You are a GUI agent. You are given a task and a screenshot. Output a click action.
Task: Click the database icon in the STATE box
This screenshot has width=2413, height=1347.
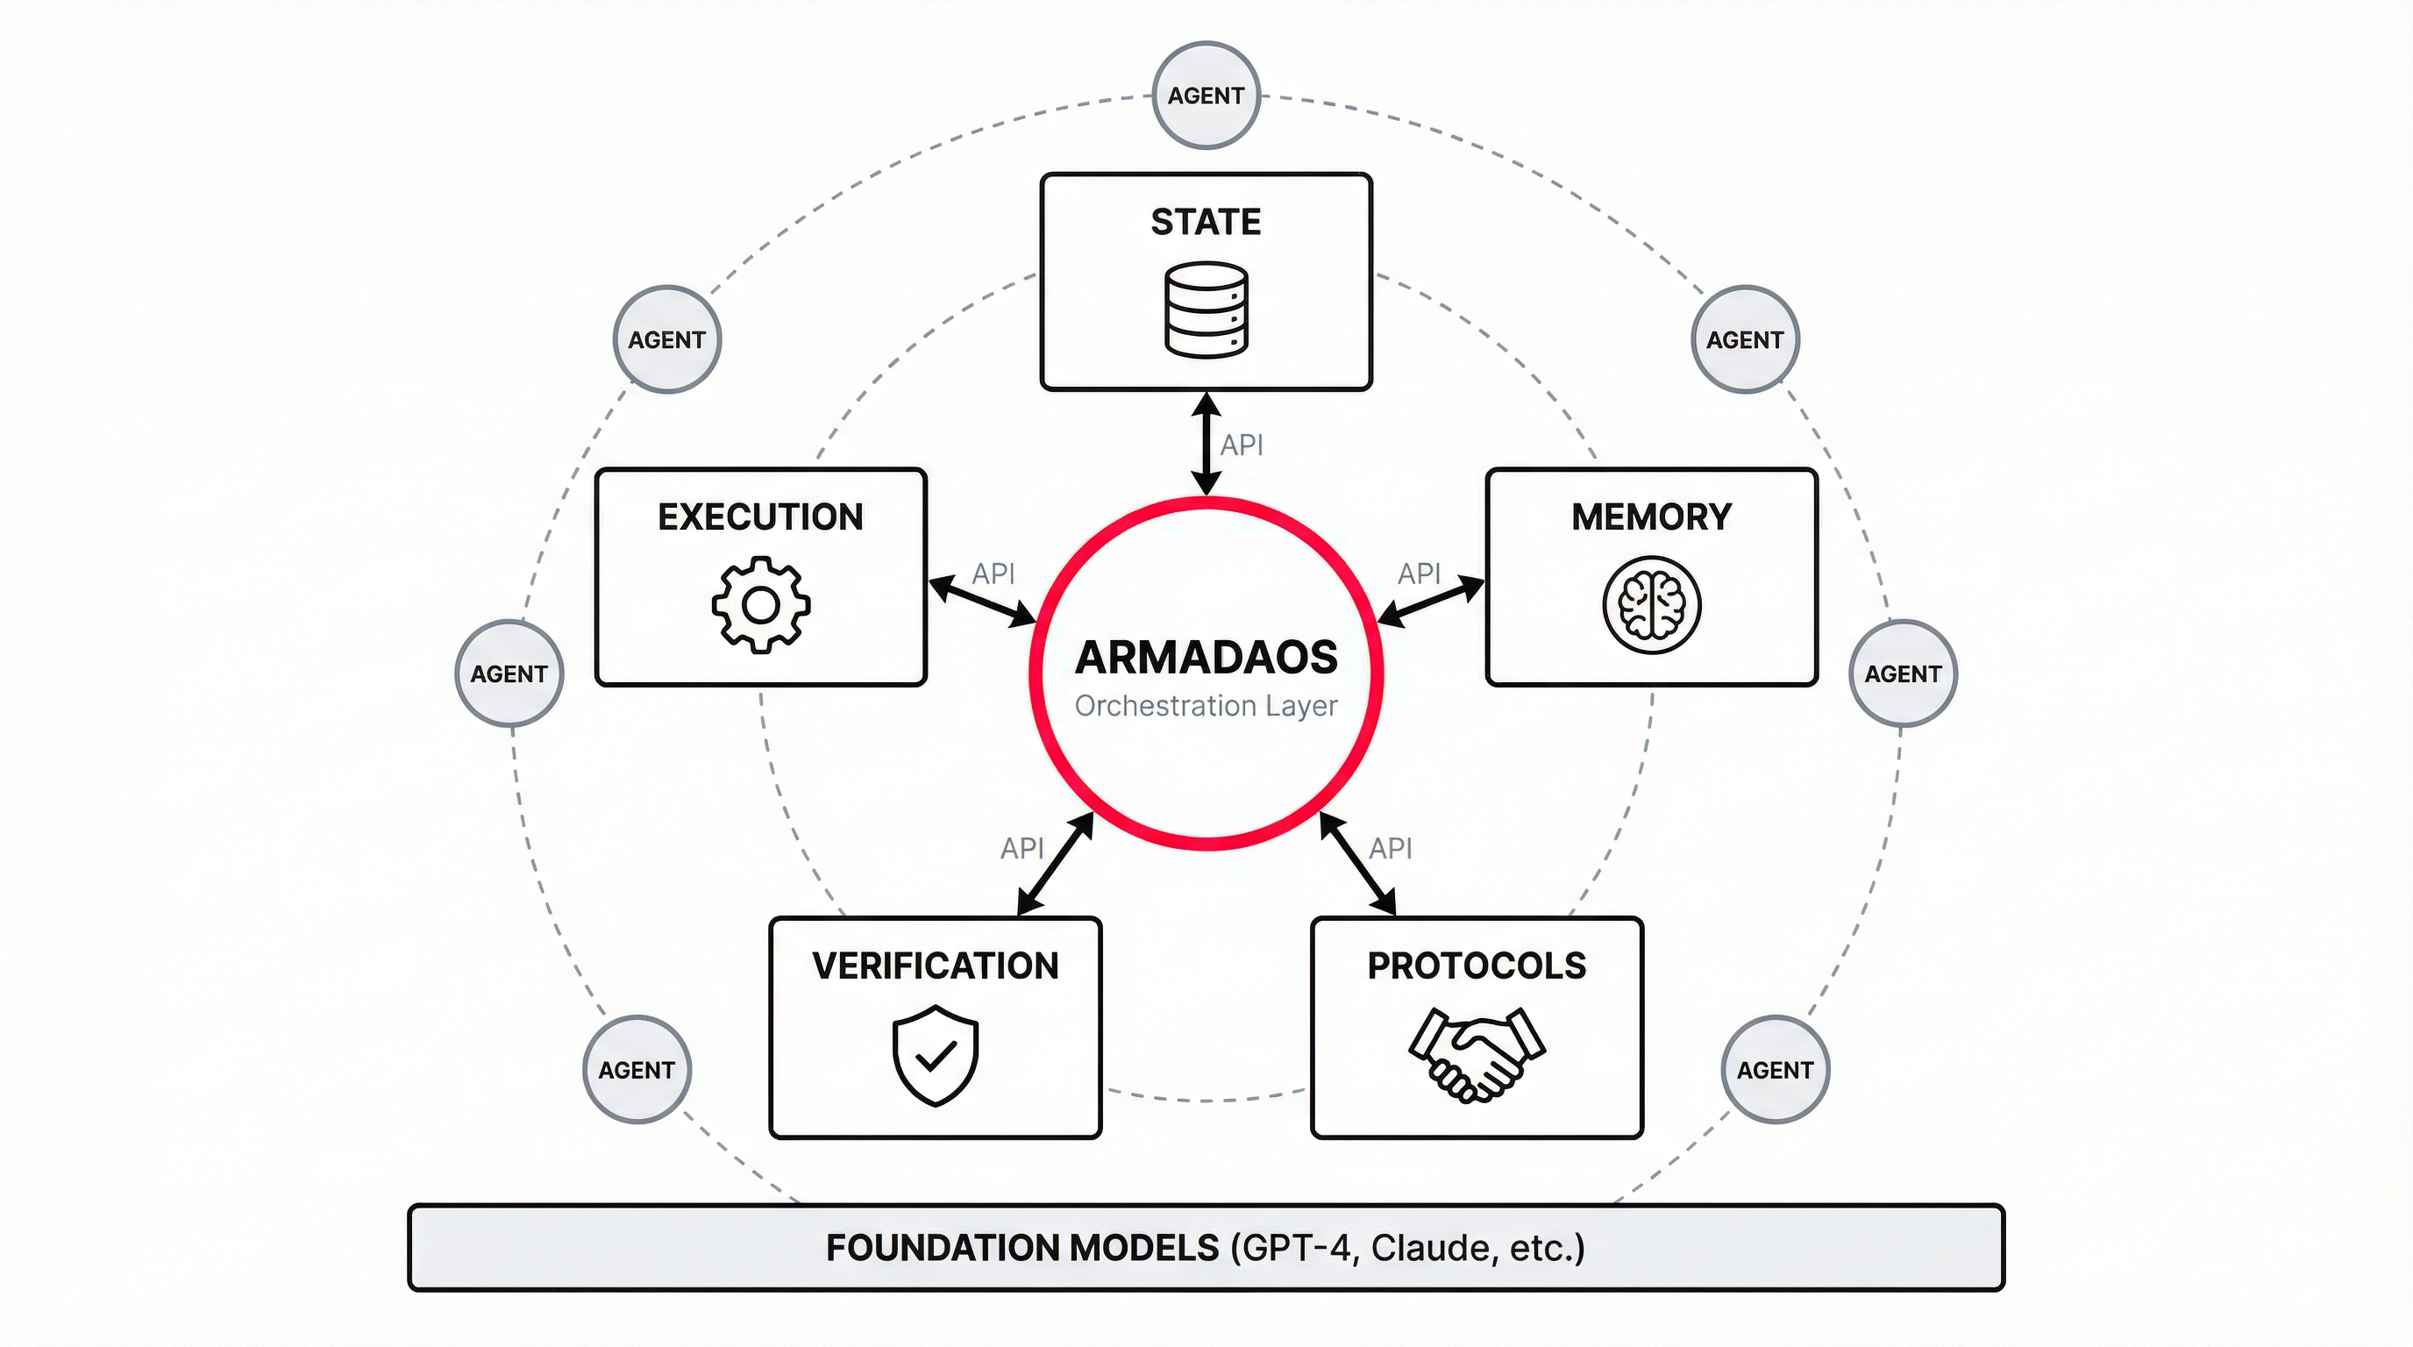[x=1206, y=310]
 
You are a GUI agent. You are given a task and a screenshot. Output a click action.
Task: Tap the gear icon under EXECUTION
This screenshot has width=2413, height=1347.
[x=760, y=605]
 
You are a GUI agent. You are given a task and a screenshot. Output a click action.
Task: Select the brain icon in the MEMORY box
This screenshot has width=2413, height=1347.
[x=1651, y=605]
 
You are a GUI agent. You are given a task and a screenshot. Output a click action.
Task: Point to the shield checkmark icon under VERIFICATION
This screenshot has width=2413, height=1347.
[x=935, y=1056]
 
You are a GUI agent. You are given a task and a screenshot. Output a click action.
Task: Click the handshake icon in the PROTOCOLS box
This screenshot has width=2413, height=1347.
[x=1477, y=1055]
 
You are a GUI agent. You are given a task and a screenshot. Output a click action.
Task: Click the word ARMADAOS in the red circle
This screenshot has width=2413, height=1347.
[x=1206, y=658]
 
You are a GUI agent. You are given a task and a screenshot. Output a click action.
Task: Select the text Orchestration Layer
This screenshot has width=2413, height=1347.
[x=1206, y=705]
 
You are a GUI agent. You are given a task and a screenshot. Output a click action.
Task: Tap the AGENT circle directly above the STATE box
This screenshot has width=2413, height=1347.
[x=1206, y=96]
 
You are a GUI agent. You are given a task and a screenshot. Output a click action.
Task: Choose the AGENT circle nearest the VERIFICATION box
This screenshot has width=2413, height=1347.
[x=637, y=1070]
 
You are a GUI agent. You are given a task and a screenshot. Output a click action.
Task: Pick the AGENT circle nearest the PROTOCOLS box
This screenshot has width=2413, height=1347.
[x=1775, y=1070]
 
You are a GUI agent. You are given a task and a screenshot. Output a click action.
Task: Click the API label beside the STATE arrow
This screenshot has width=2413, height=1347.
[x=1242, y=445]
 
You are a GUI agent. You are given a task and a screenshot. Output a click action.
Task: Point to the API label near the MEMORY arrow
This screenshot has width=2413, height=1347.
[x=1420, y=574]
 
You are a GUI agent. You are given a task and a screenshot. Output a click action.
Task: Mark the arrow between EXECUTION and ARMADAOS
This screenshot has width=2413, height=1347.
[x=982, y=602]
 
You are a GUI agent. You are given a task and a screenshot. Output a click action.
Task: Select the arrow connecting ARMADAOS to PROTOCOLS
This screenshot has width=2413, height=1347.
[x=1357, y=864]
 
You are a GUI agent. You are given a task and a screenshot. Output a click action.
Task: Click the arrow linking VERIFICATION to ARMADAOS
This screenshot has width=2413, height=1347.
[x=1056, y=864]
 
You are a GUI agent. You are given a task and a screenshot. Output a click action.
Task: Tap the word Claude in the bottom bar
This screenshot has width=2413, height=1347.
[x=1434, y=1249]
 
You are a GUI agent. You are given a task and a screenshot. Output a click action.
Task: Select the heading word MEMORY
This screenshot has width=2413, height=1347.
[x=1651, y=517]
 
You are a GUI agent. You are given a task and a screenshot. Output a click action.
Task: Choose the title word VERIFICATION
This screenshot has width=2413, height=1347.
[x=935, y=966]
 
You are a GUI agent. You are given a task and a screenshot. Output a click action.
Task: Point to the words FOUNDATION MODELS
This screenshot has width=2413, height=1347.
[x=1022, y=1249]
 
